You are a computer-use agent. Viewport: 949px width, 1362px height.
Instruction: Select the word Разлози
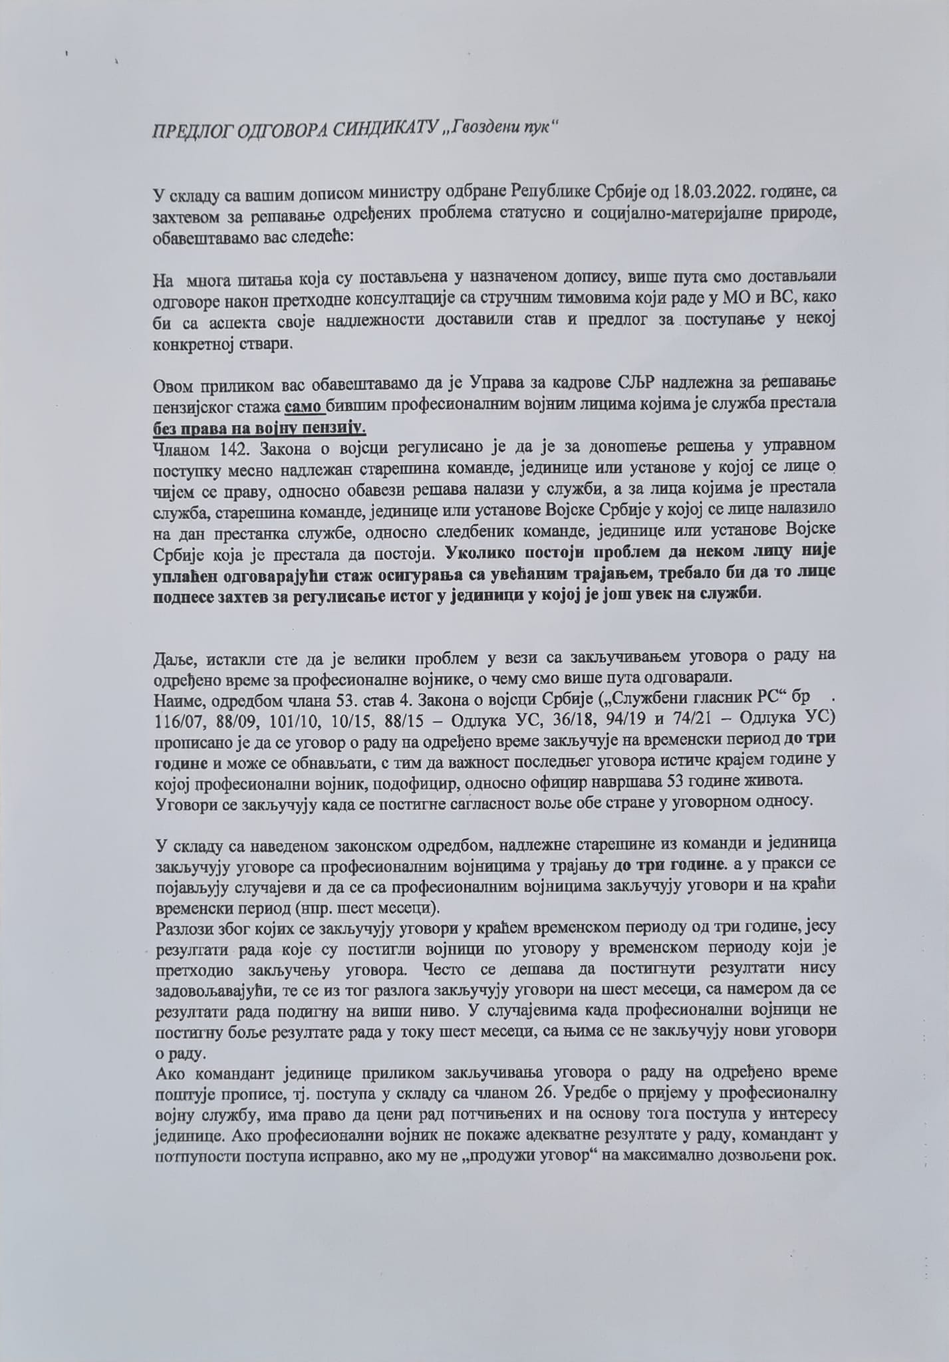pos(182,929)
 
